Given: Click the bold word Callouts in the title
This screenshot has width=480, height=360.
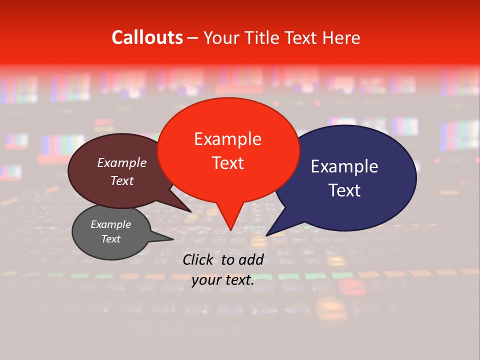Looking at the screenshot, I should point(147,37).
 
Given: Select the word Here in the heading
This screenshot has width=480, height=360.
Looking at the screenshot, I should point(342,37).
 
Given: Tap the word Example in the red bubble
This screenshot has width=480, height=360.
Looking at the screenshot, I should point(227,139).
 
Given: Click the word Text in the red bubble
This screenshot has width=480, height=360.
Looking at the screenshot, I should point(227,163).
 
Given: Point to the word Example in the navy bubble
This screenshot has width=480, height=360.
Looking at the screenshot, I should point(344,166).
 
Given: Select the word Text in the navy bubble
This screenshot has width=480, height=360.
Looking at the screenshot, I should point(344,190).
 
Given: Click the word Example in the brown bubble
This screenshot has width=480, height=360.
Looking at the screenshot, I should point(122,162).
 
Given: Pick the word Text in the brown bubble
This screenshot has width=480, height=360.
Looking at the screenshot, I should point(122,181).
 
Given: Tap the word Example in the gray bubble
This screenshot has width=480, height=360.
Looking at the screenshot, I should point(110,224).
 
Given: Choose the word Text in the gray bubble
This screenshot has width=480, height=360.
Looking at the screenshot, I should point(110,239).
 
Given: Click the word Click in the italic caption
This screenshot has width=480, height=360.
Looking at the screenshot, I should point(199,259).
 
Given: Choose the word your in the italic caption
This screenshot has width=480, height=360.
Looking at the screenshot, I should point(206,280).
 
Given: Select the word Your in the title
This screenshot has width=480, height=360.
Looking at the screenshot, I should point(220,37).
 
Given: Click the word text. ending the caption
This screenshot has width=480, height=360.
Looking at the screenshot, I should point(239,280).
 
